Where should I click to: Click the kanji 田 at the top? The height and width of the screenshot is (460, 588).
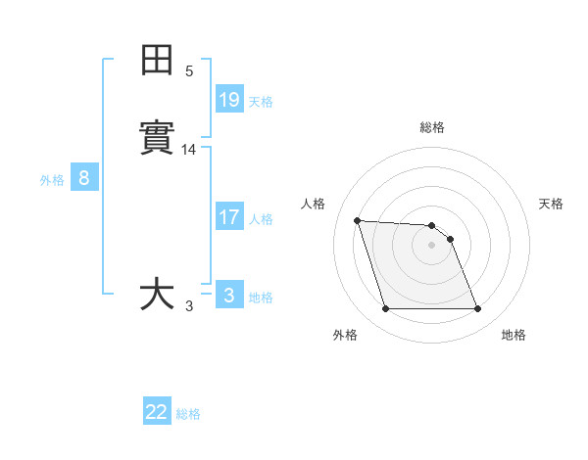pos(158,61)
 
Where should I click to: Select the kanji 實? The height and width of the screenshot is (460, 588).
pos(158,137)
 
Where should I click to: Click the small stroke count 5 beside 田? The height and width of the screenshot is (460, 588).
pos(189,71)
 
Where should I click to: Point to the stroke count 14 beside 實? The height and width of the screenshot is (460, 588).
pos(189,150)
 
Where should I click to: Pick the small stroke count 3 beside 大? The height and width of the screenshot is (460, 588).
pos(189,306)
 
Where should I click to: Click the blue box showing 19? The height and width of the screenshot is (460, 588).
pos(229,99)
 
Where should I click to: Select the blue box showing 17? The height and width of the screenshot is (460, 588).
pos(229,216)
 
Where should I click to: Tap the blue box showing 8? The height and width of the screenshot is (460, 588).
pos(84,178)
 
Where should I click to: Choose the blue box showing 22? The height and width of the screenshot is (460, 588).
pos(157,412)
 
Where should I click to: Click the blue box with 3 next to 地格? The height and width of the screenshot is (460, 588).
pos(229,295)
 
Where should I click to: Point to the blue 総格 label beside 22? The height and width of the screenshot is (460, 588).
pos(188,414)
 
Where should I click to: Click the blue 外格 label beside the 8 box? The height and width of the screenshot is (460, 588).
pos(52,180)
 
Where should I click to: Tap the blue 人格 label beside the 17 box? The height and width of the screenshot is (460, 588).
pos(261,219)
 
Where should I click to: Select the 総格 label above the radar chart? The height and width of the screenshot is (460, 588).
pos(432,127)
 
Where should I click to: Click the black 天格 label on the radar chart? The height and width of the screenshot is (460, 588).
pos(552,204)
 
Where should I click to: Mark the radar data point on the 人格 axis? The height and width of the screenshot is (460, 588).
pos(357,220)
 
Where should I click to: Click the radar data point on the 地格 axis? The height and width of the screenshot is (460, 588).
pos(478,309)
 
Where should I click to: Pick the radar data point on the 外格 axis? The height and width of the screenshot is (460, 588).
pos(385,309)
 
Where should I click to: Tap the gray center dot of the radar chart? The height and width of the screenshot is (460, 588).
pos(432,245)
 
